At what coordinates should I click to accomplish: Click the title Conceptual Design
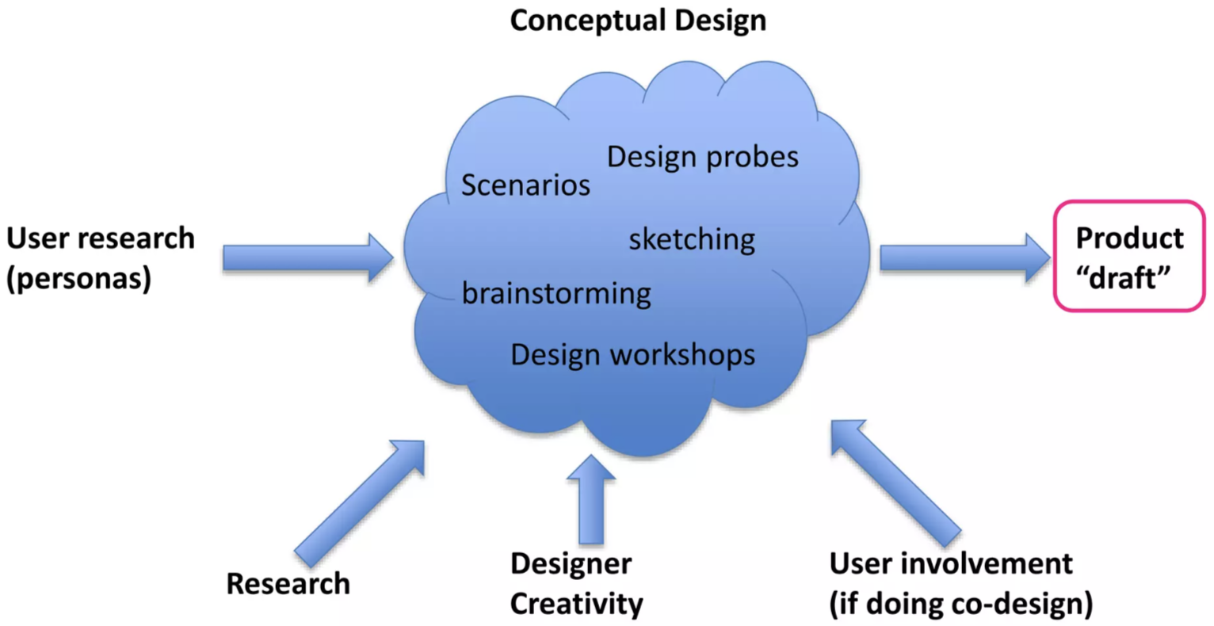click(638, 21)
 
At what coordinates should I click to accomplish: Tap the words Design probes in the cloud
click(702, 157)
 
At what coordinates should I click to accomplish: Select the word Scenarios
click(525, 185)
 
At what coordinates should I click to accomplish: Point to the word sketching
click(692, 239)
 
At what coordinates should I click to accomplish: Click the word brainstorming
click(556, 293)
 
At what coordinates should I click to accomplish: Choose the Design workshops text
click(632, 354)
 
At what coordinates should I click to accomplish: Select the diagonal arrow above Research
click(361, 500)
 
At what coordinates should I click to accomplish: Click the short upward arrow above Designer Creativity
click(591, 499)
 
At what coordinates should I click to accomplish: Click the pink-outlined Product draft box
click(1128, 255)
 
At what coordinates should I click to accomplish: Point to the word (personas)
click(78, 279)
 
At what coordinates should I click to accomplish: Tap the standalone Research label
click(288, 584)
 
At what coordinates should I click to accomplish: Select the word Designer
click(571, 564)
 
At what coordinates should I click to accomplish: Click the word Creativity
click(576, 604)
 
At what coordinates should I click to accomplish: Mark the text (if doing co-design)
click(960, 604)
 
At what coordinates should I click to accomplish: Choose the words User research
click(101, 239)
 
